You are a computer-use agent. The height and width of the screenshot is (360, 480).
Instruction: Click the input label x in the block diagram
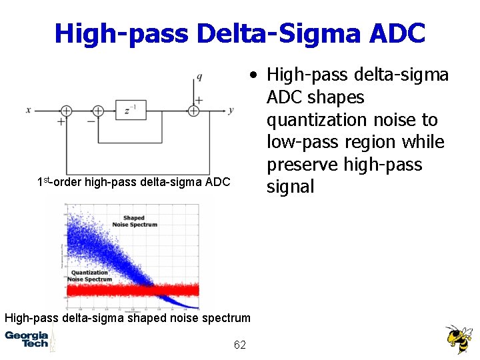click(29, 110)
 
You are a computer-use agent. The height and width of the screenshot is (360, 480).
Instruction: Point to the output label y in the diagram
click(230, 110)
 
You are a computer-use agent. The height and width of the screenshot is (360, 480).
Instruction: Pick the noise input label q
click(199, 77)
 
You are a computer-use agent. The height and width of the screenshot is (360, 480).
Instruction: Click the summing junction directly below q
click(194, 111)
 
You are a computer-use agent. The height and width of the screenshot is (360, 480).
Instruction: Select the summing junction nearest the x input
click(67, 111)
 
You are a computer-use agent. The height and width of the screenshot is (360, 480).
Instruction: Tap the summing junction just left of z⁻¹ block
click(98, 111)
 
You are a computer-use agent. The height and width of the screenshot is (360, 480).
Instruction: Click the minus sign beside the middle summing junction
click(91, 122)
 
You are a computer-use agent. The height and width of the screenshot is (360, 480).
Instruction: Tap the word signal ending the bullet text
click(290, 187)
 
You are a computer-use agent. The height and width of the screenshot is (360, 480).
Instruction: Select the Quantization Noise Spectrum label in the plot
click(90, 275)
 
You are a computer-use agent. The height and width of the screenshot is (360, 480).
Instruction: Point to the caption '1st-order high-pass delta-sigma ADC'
click(133, 182)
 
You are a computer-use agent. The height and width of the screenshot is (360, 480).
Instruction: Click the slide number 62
click(240, 345)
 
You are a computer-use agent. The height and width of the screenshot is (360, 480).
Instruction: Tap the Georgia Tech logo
click(27, 339)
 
